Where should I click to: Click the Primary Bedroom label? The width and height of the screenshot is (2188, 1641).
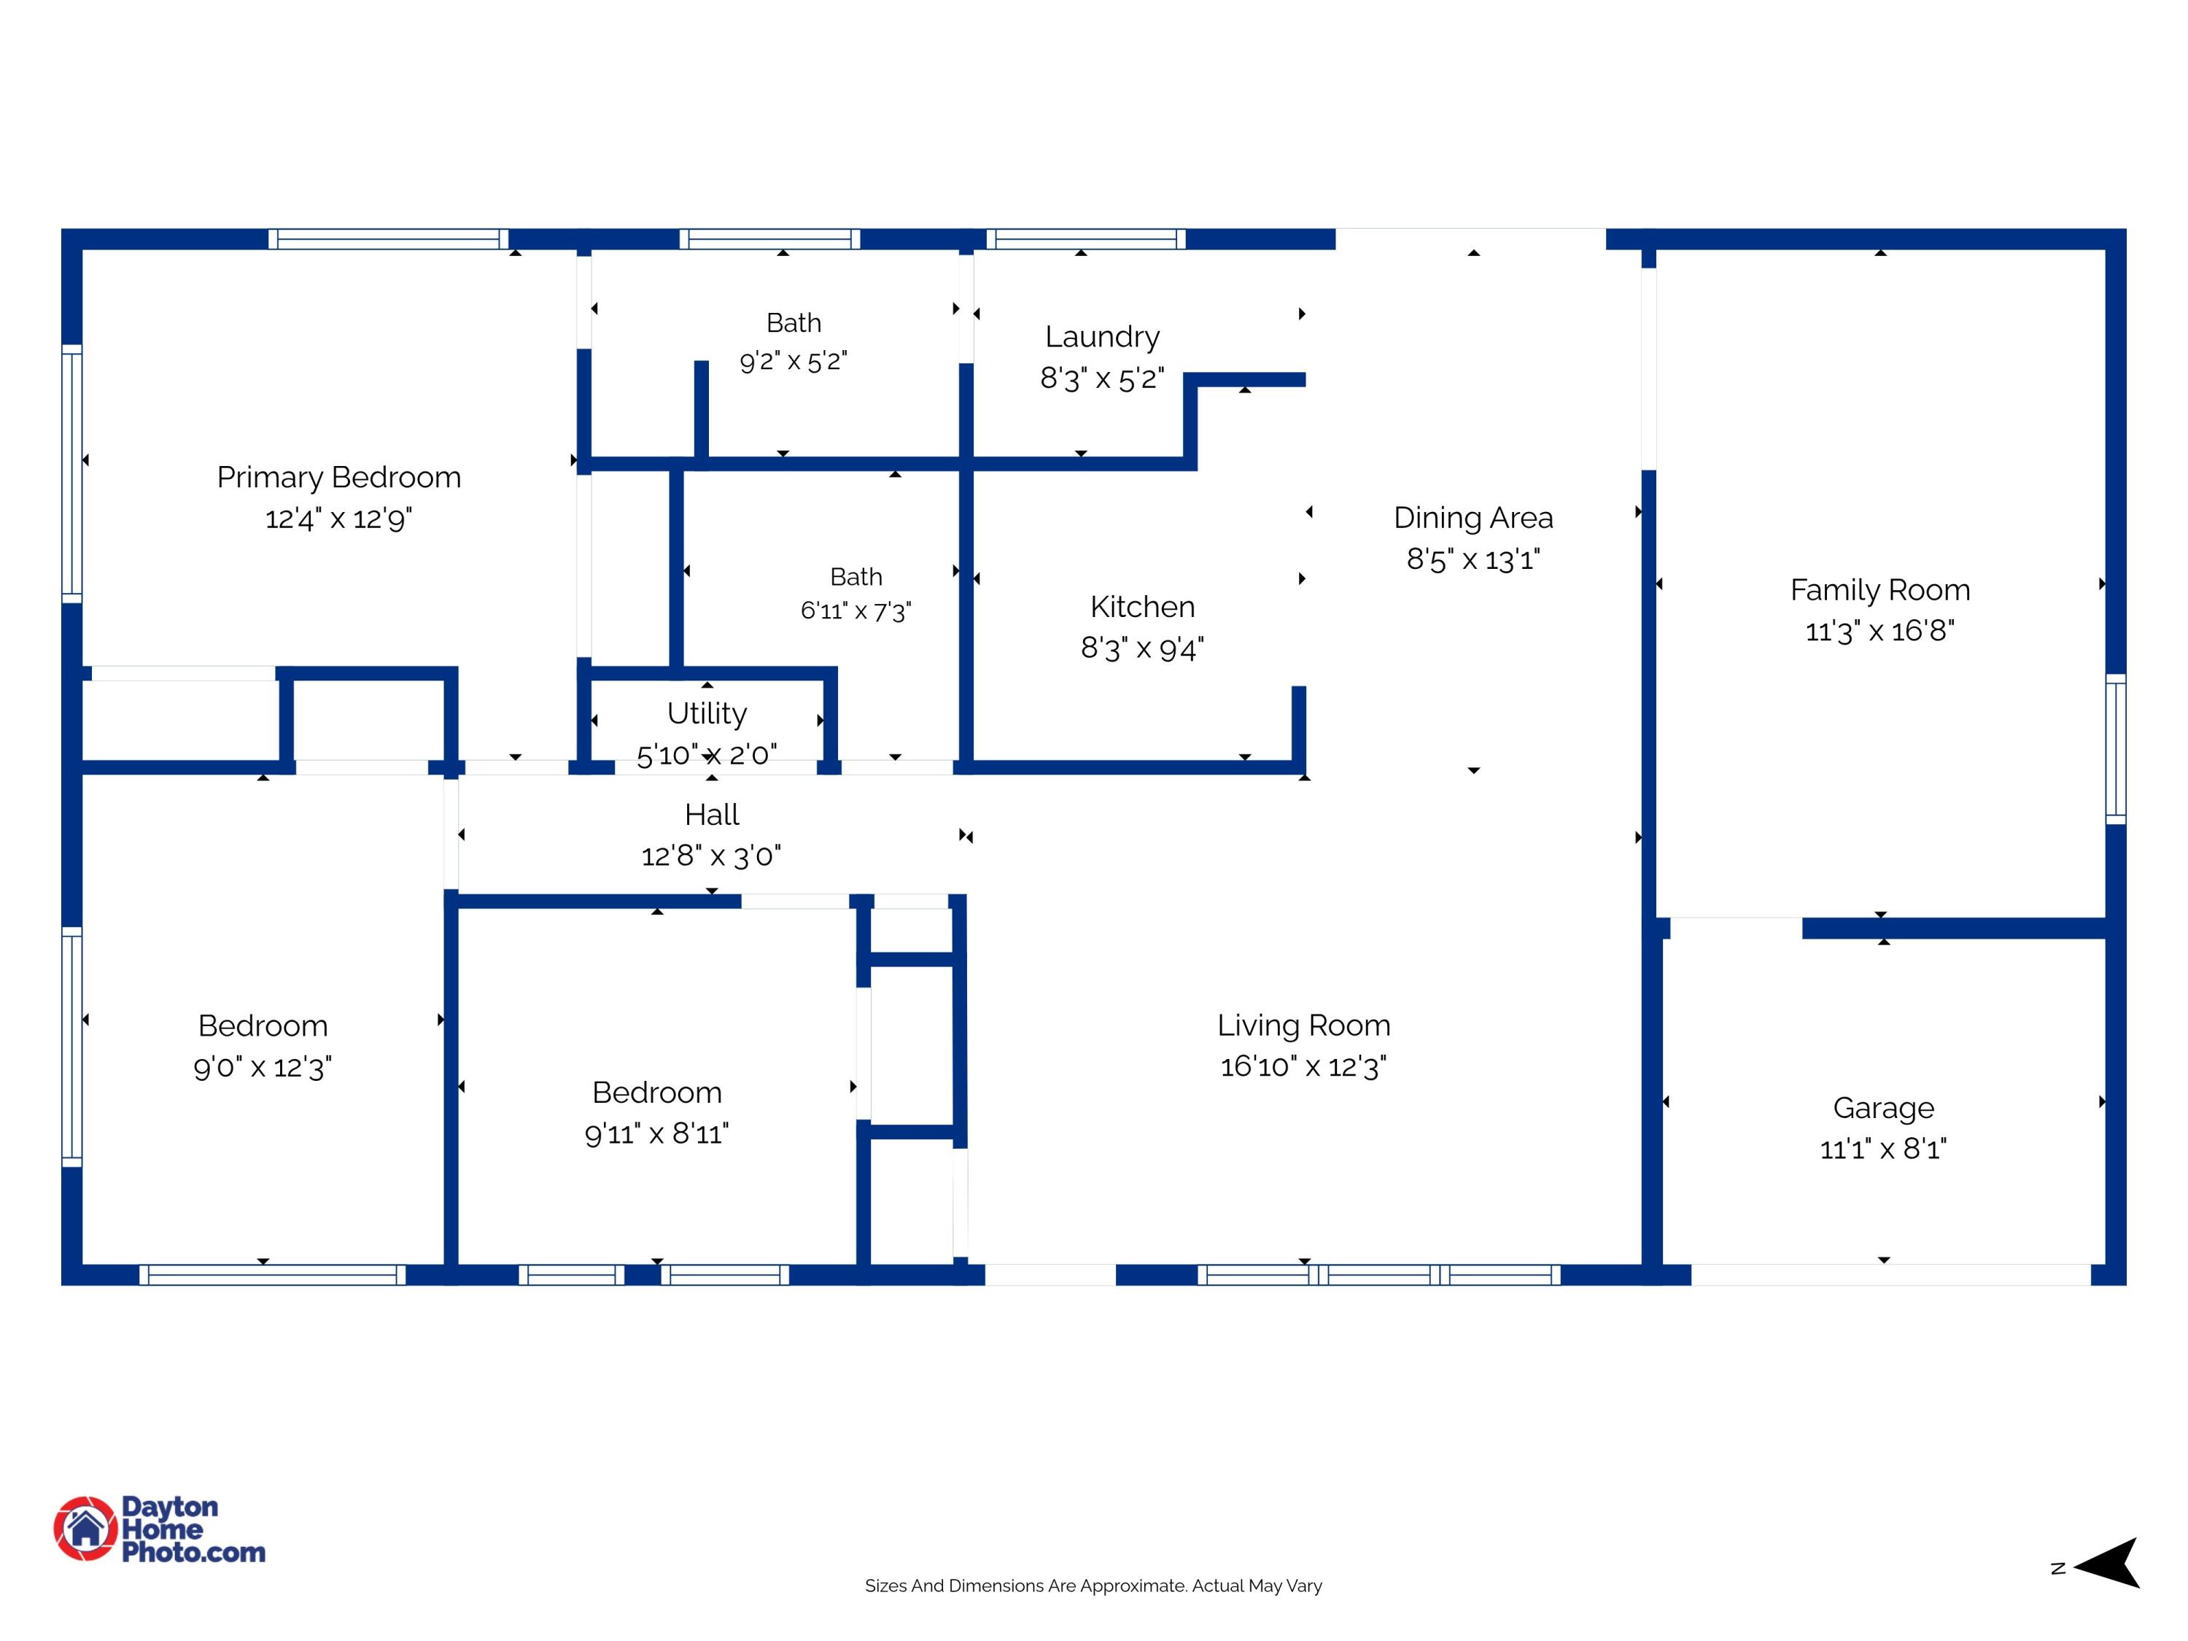coord(338,478)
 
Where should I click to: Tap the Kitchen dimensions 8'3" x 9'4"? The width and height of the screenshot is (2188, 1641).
coord(1141,648)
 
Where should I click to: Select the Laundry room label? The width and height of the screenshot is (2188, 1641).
coord(1102,337)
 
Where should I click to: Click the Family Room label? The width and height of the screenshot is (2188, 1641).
coord(1879,591)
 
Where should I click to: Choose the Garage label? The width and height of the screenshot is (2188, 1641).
coord(1882,1109)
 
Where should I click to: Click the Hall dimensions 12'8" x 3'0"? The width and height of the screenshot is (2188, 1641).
coord(710,856)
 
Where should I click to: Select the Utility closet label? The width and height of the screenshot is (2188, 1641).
coord(706,713)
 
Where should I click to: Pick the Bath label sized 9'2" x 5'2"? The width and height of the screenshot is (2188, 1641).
coord(794,323)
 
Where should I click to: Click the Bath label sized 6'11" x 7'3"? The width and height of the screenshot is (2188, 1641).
coord(856,577)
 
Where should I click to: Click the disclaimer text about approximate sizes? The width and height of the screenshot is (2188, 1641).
coord(1093,1586)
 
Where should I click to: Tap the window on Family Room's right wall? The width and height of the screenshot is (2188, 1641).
coord(2115,749)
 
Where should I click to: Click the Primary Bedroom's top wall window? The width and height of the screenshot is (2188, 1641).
coord(388,238)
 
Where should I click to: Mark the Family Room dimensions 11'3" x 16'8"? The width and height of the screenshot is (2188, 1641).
coord(1879,631)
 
